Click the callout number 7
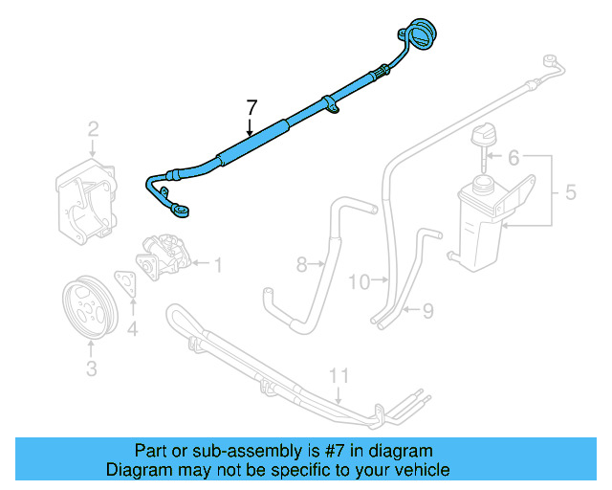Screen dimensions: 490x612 [x=251, y=107]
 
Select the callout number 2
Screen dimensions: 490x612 [x=94, y=128]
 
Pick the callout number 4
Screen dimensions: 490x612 [x=570, y=191]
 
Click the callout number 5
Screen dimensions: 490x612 [x=513, y=157]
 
